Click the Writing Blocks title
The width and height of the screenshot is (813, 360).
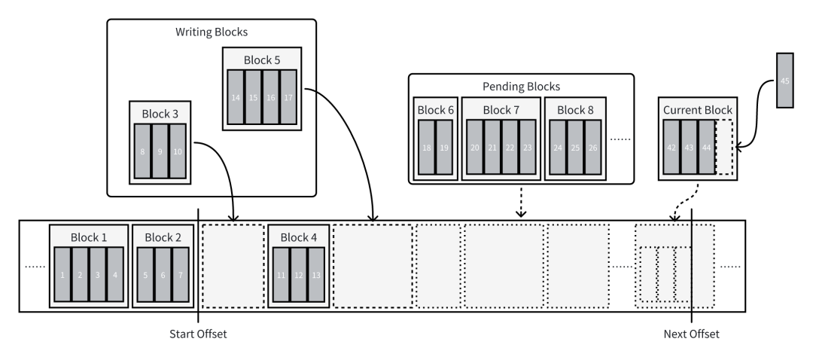pos(212,32)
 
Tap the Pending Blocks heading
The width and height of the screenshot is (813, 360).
pos(521,87)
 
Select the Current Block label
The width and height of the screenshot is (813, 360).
pos(697,110)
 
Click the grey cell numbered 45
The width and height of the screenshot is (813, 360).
pos(785,81)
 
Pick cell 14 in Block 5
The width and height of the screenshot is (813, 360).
pos(236,97)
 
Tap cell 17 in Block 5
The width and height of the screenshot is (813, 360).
pos(288,97)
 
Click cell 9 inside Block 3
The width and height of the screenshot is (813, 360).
pos(160,151)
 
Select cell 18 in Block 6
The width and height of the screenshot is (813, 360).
pos(427,148)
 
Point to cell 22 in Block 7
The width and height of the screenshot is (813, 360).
pos(510,148)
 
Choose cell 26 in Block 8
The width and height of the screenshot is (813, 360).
pos(592,148)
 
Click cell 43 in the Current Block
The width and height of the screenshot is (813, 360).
pos(688,148)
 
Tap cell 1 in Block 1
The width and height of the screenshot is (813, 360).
pos(62,275)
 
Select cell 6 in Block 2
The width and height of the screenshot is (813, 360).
pos(163,275)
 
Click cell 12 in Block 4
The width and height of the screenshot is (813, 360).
pos(298,275)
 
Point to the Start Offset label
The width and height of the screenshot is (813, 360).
pos(198,334)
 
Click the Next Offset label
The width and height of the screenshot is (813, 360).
pos(691,334)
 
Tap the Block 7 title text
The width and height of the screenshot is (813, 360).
pos(501,110)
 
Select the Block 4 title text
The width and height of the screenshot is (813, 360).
pos(299,237)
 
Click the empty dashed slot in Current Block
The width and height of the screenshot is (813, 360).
pos(723,148)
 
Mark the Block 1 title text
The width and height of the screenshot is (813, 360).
pos(89,237)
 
